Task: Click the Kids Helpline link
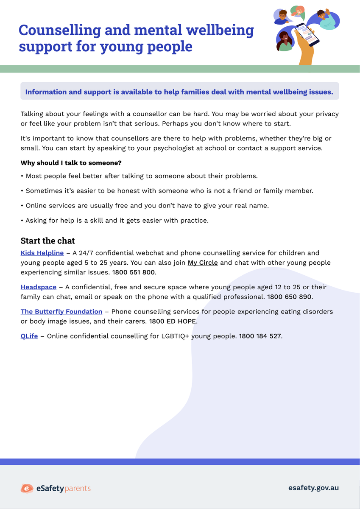point(42,253)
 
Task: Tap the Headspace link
point(39,287)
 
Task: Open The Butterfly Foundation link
point(61,311)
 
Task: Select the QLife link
point(29,336)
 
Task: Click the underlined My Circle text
point(203,263)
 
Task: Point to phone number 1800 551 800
point(134,272)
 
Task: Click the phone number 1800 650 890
point(289,297)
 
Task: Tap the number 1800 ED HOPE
point(173,322)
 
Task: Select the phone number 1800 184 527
point(260,336)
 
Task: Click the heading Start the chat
point(47,241)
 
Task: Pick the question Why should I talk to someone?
point(71,163)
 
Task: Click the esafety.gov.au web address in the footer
point(313,488)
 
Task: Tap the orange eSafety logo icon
point(27,489)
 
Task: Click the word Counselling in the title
point(60,30)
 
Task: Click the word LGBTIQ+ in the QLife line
point(176,336)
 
